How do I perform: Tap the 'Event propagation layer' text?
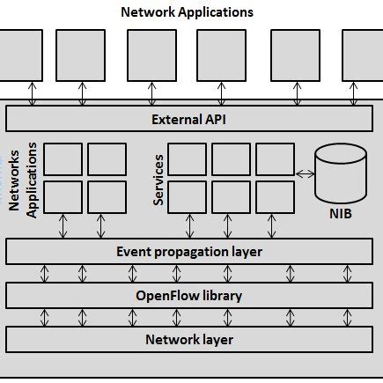[190, 252]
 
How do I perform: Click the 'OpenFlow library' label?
[190, 295]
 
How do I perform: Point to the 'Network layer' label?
[190, 338]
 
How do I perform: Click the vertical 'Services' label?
[159, 180]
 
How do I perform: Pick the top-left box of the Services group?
[187, 158]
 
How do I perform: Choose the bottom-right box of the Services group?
[274, 196]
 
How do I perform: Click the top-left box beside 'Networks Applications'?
[63, 158]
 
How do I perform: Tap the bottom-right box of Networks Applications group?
[107, 196]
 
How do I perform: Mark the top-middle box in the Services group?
[231, 158]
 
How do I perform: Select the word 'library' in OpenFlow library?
[220, 295]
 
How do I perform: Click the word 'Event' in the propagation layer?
[135, 252]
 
